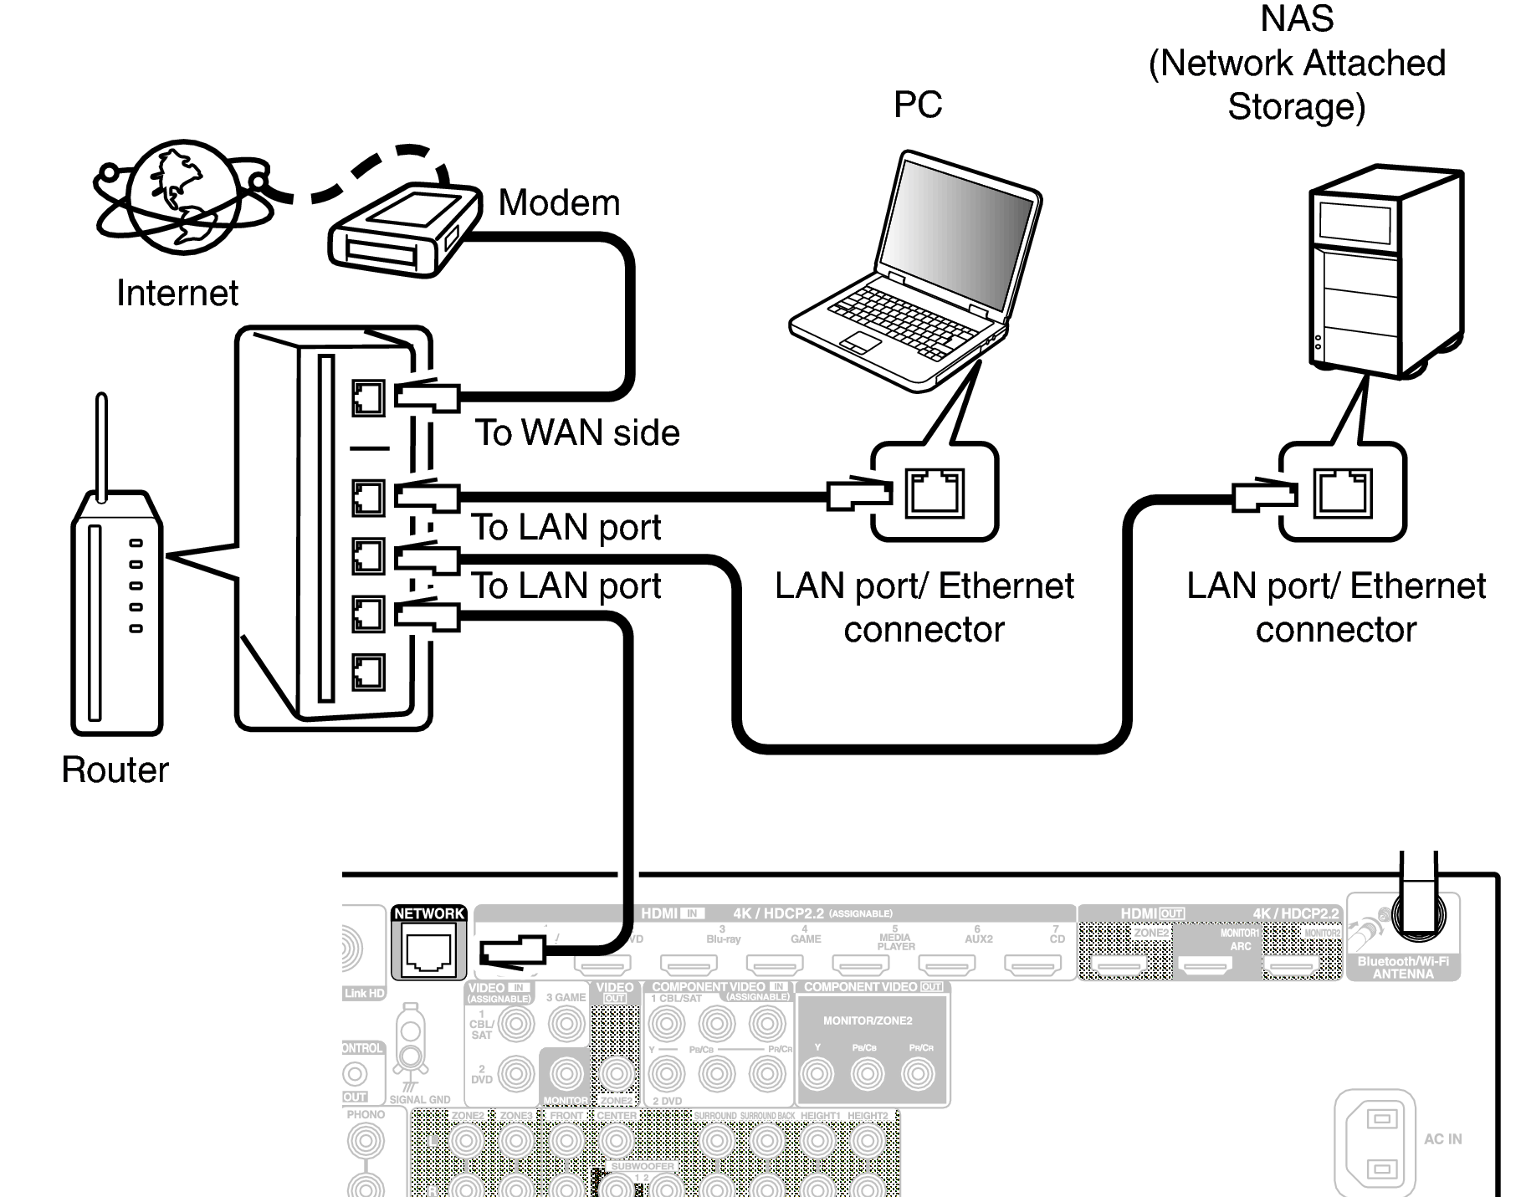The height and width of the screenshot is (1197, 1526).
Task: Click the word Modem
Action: (x=559, y=203)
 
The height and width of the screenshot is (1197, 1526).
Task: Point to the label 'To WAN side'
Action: (x=577, y=433)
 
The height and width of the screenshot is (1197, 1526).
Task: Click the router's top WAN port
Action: (x=368, y=398)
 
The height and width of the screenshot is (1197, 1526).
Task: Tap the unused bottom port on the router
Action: (x=368, y=671)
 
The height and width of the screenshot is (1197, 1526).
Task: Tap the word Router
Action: (x=115, y=770)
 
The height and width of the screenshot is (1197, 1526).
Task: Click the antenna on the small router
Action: (x=102, y=448)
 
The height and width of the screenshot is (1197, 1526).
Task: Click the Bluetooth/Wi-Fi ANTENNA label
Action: (x=1403, y=968)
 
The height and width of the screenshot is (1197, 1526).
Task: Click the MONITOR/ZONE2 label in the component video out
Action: (x=868, y=1021)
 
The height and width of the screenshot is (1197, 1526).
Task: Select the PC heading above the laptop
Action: (x=918, y=105)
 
